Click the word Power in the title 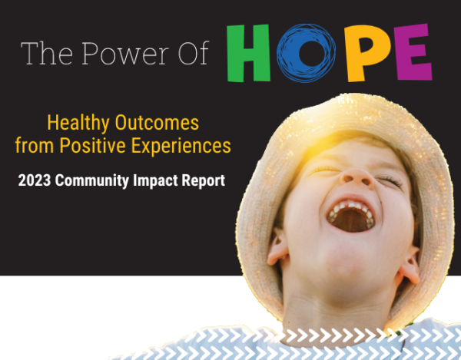pos(116,54)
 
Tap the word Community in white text pos(98,182)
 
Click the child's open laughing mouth pos(352,217)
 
